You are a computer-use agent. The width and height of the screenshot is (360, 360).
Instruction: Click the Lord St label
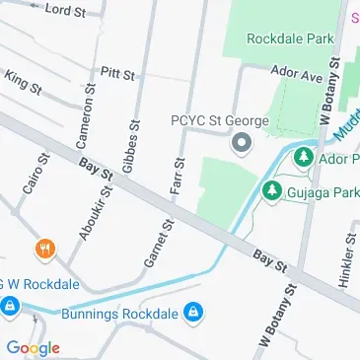[x=67, y=9]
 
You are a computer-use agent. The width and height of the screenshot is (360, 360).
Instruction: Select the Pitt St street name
[x=117, y=72]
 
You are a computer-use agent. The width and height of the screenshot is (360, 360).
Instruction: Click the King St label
[x=23, y=82]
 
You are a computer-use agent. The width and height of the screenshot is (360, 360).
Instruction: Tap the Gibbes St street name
[x=129, y=124]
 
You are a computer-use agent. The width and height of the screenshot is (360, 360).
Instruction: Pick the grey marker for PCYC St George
[x=240, y=145]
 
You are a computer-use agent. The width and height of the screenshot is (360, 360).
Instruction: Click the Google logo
[x=32, y=347]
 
